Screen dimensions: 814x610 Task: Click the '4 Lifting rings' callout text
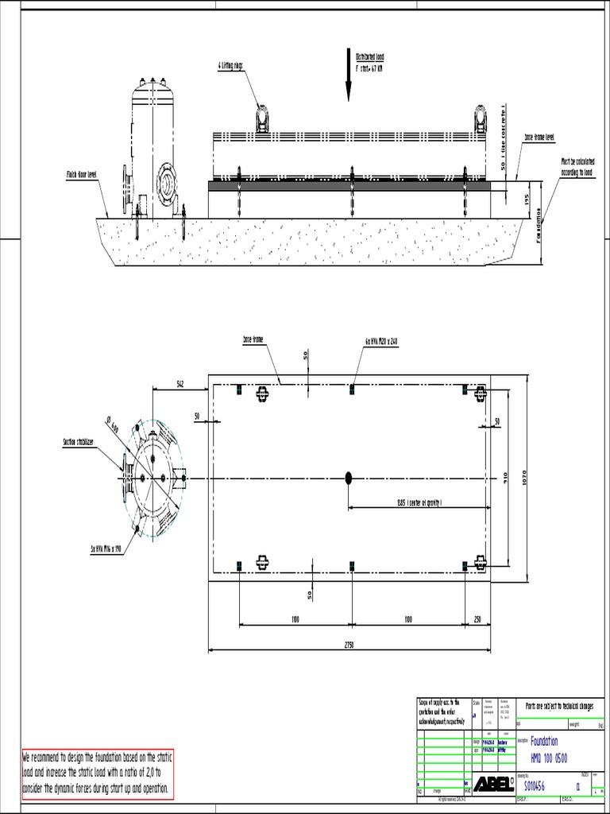[x=231, y=66]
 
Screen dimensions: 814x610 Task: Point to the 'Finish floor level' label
[x=81, y=172]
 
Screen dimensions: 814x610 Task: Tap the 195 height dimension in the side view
[x=525, y=200]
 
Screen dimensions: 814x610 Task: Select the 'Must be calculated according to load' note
[x=577, y=165]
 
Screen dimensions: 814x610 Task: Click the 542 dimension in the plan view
[x=180, y=384]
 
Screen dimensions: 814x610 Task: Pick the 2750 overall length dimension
[x=349, y=645]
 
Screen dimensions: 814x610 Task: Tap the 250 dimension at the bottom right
[x=477, y=618]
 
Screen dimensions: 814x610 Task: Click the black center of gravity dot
[x=349, y=477]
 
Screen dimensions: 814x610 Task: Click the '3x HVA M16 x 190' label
[x=106, y=548]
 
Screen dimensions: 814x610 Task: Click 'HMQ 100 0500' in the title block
[x=548, y=755]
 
